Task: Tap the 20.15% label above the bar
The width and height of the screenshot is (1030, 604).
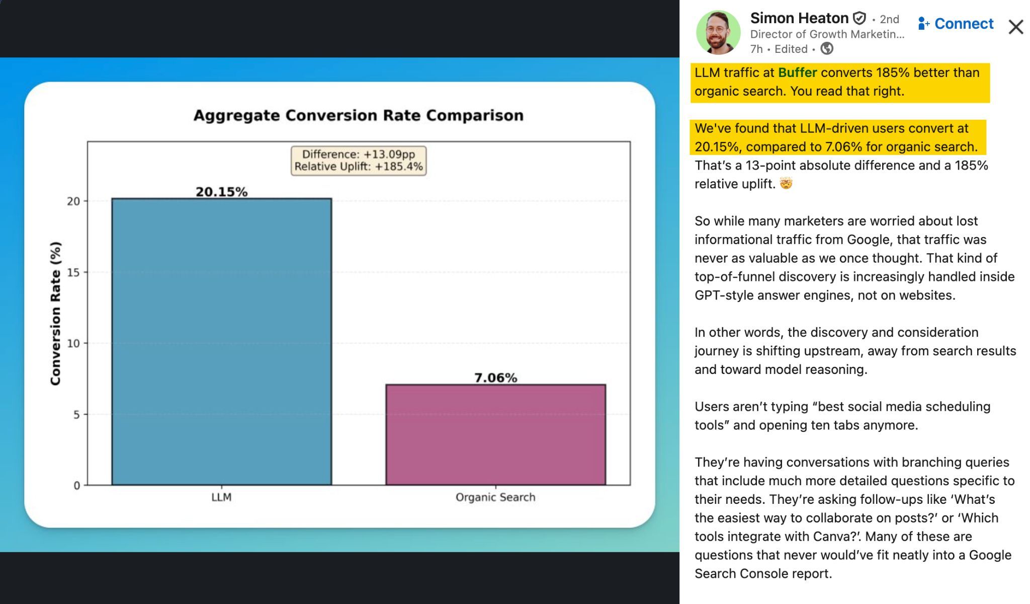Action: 221,192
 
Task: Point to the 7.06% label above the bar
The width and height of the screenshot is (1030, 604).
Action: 495,377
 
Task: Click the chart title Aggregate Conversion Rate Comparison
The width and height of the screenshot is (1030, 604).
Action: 358,115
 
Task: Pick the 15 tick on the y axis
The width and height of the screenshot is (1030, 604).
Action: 73,272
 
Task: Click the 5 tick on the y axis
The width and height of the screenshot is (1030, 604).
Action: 76,415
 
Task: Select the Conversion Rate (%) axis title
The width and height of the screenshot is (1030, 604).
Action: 55,313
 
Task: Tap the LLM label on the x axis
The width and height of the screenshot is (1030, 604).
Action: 221,497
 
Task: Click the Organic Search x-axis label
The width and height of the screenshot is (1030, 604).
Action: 495,497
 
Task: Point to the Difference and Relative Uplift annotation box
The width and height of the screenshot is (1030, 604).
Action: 358,161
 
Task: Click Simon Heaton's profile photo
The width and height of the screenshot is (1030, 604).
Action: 718,32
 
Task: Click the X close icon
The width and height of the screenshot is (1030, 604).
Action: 1015,27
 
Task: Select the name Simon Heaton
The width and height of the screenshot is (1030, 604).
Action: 799,18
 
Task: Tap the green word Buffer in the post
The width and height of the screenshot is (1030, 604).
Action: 797,72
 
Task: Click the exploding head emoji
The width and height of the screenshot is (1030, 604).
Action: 786,184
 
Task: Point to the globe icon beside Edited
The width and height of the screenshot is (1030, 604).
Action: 827,48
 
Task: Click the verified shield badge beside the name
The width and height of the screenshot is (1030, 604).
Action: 860,19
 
